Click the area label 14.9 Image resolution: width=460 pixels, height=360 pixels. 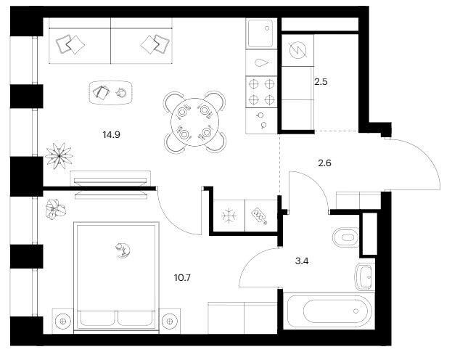coord(111,133)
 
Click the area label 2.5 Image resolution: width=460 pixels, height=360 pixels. coord(321,82)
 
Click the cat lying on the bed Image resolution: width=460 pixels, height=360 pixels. coord(122,250)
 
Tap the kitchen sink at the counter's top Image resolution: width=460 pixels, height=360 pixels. coord(260,33)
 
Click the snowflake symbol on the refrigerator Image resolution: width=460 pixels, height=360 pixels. coord(228,216)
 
